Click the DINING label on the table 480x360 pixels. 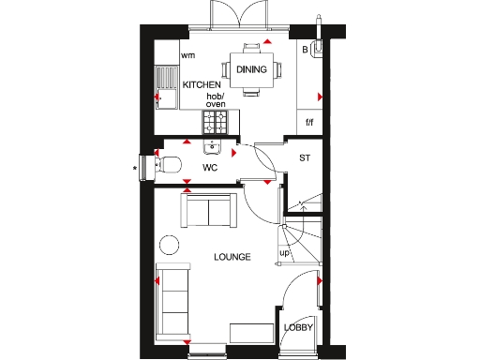click(x=251, y=69)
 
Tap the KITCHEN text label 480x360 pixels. click(x=202, y=85)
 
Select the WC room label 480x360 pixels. click(x=211, y=169)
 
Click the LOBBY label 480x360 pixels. click(x=298, y=327)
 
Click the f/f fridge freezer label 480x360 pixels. click(x=309, y=122)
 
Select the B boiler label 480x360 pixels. click(x=305, y=50)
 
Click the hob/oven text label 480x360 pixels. click(x=216, y=99)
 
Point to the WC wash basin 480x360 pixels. click(x=208, y=146)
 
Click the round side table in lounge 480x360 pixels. click(x=169, y=246)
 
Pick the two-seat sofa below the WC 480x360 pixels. click(x=209, y=211)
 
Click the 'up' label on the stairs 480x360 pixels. click(x=284, y=253)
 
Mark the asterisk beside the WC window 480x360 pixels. click(x=135, y=169)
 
